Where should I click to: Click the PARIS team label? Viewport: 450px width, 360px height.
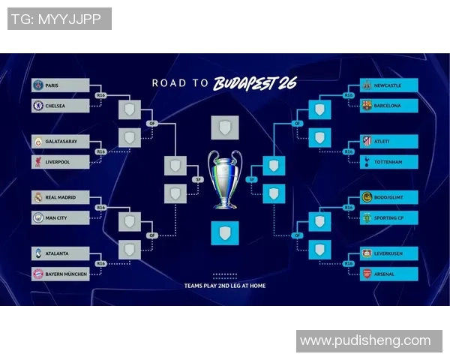tap(61, 85)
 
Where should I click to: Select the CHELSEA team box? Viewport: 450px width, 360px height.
tap(61, 106)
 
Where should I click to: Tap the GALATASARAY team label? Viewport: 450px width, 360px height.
tap(61, 141)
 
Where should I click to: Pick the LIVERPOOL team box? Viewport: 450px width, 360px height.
tap(61, 161)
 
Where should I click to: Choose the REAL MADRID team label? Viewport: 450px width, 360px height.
tap(61, 198)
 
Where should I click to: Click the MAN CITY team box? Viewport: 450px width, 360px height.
tap(61, 217)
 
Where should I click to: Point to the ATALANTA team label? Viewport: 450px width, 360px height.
tap(61, 253)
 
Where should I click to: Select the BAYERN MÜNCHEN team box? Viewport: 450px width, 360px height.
tap(61, 274)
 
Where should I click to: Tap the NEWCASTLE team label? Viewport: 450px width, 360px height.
tap(388, 85)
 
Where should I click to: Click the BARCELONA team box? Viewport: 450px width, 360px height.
tap(388, 106)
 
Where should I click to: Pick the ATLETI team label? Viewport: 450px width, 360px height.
tap(388, 141)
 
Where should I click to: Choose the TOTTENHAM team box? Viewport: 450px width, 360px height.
tap(388, 161)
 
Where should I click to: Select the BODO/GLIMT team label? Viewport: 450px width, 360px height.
tap(388, 198)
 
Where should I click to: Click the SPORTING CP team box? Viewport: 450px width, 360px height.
tap(388, 217)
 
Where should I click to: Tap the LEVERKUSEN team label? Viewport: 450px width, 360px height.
tap(388, 253)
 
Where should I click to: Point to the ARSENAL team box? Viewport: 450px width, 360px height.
tap(388, 274)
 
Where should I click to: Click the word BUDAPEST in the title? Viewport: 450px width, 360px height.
tap(244, 82)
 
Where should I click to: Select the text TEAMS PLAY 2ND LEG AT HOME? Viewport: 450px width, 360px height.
tap(225, 286)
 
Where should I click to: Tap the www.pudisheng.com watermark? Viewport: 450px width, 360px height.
tap(365, 341)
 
